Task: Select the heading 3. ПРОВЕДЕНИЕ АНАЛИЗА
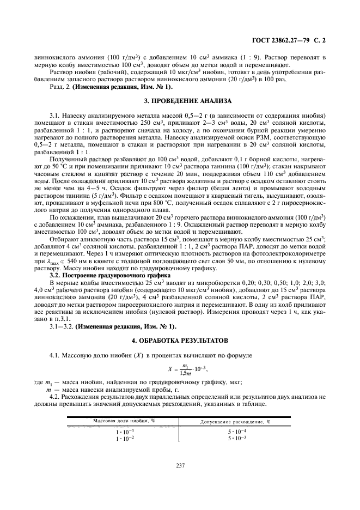click(180, 101)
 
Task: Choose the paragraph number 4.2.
click(56, 397)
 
